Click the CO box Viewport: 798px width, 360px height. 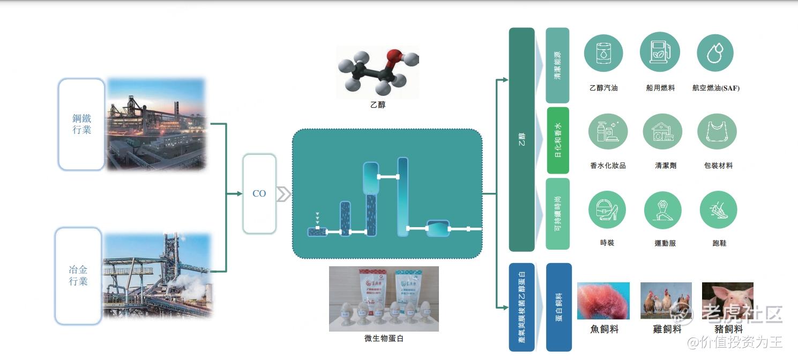(259, 193)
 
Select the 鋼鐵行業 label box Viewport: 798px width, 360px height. (81, 124)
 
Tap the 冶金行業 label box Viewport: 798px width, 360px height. (78, 276)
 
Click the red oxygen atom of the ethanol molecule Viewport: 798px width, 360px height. (394, 55)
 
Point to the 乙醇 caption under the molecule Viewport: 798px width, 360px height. (377, 105)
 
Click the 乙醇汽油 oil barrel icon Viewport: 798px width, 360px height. (603, 53)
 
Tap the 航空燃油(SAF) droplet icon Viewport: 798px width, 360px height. (715, 53)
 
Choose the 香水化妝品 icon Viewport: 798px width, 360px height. (608, 131)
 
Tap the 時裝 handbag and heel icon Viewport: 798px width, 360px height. (608, 210)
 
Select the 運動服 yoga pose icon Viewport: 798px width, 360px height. (663, 210)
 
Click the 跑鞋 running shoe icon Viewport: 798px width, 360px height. (718, 210)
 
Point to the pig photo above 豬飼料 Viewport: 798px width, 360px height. (727, 301)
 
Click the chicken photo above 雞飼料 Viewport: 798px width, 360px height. (666, 301)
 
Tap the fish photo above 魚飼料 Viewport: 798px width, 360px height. (603, 301)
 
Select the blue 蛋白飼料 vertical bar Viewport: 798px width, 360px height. (558, 307)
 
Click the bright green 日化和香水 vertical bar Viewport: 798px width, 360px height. (558, 140)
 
